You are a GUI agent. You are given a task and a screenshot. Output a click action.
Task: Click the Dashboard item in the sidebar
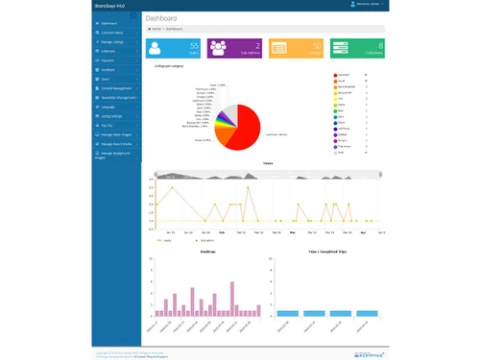[x=109, y=22]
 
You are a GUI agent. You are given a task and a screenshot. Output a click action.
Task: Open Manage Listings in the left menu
[x=114, y=43]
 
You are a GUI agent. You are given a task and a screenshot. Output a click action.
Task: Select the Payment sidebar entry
[x=109, y=60]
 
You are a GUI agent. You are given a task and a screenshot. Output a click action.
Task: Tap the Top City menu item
[x=108, y=125]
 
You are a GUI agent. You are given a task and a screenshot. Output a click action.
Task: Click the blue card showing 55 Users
[x=173, y=48]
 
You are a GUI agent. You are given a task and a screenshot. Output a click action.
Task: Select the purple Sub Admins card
[x=233, y=48]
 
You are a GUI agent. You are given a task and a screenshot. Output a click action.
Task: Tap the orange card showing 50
[x=295, y=48]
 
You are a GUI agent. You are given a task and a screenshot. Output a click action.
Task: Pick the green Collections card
[x=356, y=48]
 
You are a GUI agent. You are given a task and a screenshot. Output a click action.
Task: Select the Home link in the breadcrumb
[x=156, y=29]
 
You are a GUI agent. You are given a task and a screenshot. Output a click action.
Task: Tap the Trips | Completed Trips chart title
[x=327, y=253]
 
